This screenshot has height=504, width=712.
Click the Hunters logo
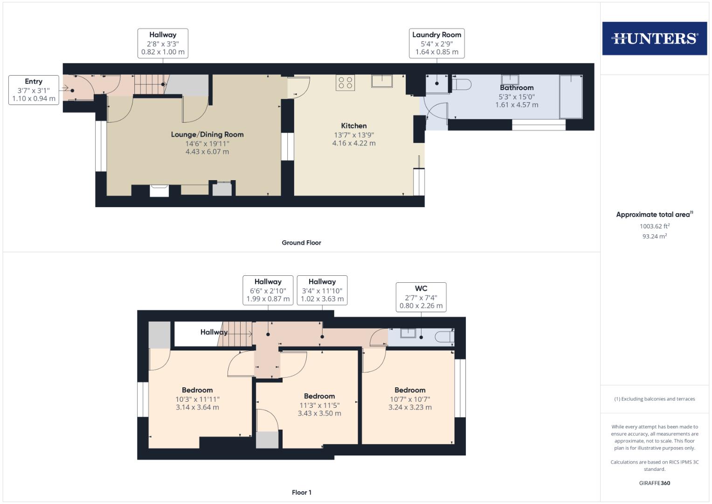pyautogui.click(x=654, y=38)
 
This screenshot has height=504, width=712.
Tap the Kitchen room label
pyautogui.click(x=354, y=126)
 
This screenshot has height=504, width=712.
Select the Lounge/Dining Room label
pyautogui.click(x=207, y=134)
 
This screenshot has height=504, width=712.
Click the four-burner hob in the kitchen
pyautogui.click(x=346, y=83)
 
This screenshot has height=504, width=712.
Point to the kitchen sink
pyautogui.click(x=382, y=81)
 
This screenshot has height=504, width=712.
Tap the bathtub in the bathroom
pyautogui.click(x=570, y=97)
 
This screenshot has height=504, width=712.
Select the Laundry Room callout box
pyautogui.click(x=436, y=43)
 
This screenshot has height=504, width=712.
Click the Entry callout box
pyautogui.click(x=34, y=90)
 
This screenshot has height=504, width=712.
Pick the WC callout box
pyautogui.click(x=421, y=297)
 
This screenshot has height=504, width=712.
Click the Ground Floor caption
pyautogui.click(x=301, y=243)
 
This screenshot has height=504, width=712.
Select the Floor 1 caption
pyautogui.click(x=301, y=492)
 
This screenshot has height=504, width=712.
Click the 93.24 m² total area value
pyautogui.click(x=654, y=236)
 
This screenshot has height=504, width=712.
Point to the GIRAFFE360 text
pyautogui.click(x=654, y=483)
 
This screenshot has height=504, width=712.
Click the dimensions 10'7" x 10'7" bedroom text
pyautogui.click(x=410, y=399)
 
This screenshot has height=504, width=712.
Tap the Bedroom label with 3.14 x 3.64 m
pyautogui.click(x=197, y=390)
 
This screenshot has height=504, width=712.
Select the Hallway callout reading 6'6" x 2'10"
pyautogui.click(x=268, y=290)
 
